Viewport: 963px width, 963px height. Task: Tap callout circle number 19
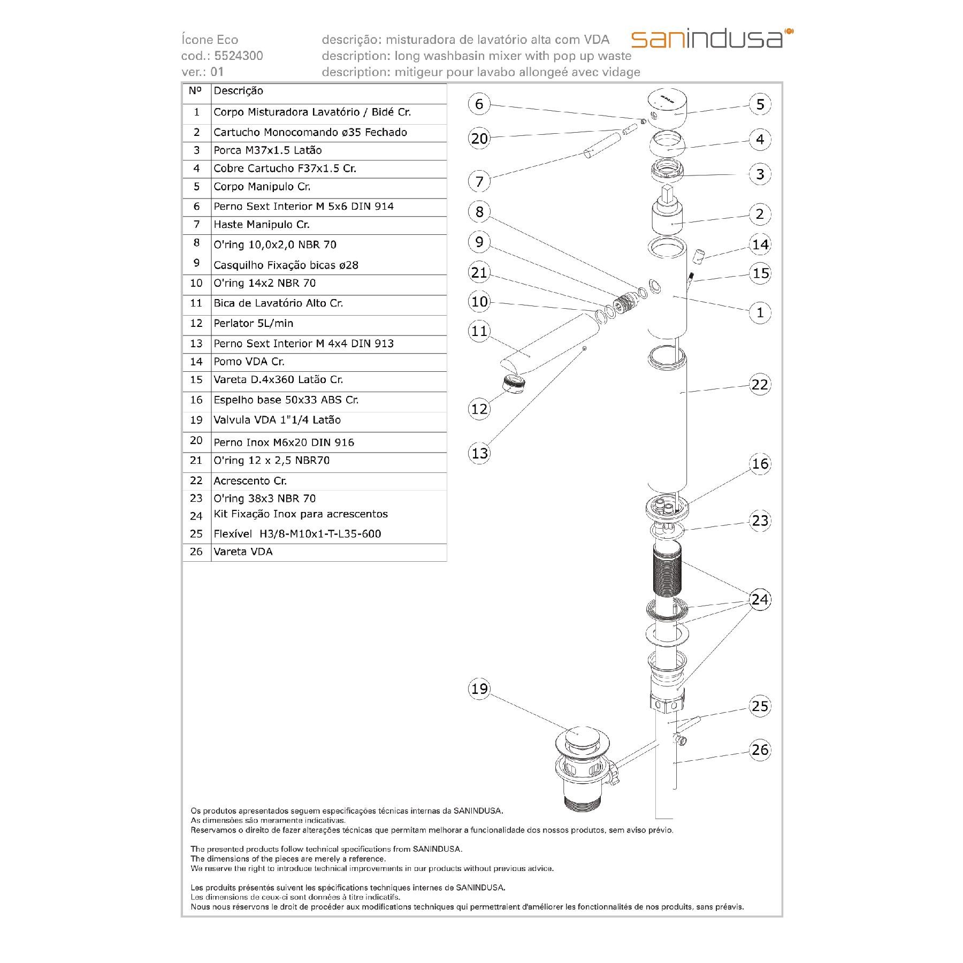point(479,689)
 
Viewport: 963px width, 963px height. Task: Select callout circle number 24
point(760,600)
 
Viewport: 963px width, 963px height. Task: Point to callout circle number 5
point(760,104)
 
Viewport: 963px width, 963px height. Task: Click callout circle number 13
point(479,454)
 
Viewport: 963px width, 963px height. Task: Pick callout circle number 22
point(760,385)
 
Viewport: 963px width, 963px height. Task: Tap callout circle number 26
point(760,750)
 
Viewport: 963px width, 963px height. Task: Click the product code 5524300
point(238,56)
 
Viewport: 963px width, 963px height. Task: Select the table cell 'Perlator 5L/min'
point(253,324)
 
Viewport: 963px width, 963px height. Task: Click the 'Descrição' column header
point(238,91)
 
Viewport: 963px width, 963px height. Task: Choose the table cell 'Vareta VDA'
point(243,552)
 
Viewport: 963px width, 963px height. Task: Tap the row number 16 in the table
point(196,400)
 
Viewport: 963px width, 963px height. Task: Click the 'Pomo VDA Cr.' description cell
point(249,362)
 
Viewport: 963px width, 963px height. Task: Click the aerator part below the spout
point(514,384)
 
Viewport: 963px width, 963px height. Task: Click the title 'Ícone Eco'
point(210,40)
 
